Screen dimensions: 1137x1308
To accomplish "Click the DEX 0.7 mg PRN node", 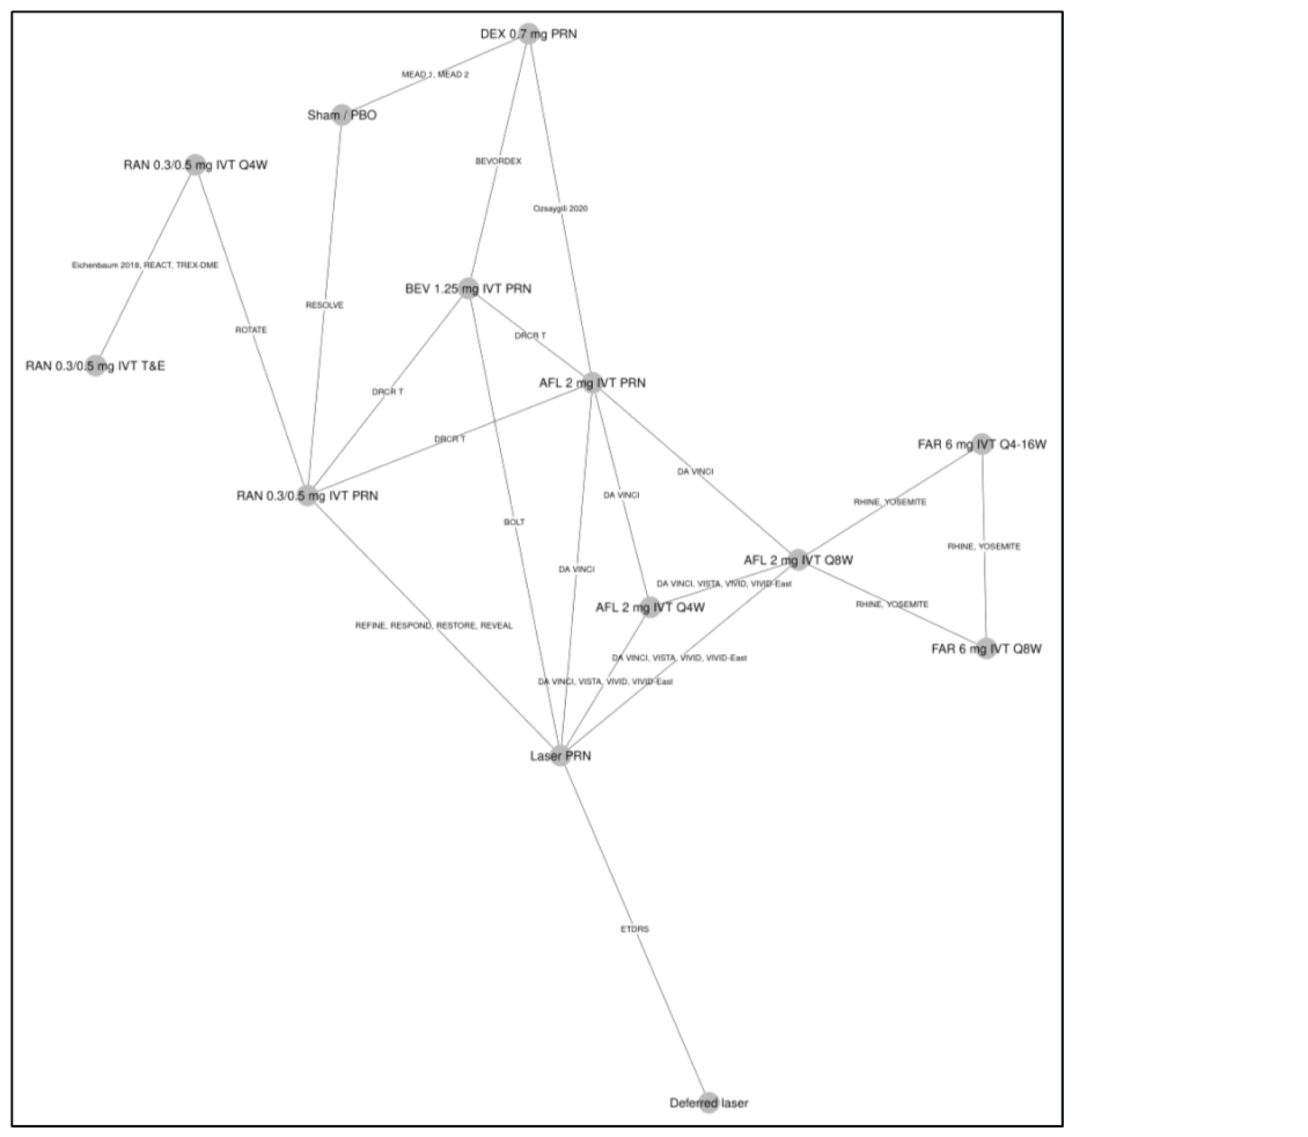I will (529, 34).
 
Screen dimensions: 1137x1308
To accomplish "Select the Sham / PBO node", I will (342, 115).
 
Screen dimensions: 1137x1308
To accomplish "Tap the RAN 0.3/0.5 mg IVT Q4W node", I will (195, 164).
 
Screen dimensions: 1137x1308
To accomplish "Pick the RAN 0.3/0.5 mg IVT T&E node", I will (95, 366).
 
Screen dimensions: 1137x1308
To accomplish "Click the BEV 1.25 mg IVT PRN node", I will (468, 288).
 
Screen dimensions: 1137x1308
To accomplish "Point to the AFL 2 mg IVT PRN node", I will (592, 382).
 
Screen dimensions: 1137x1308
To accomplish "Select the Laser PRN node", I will (561, 755).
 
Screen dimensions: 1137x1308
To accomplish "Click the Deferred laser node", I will (709, 1102).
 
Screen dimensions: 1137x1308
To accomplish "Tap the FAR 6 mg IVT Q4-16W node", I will (982, 443).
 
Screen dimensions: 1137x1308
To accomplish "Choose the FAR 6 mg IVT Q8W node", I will (986, 648).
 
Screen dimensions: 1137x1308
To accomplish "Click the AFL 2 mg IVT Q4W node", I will (651, 607).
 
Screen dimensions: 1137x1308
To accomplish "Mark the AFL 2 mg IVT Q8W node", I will (798, 559).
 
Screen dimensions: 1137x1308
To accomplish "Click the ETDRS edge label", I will (635, 928).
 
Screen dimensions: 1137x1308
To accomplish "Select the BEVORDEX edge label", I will (498, 161).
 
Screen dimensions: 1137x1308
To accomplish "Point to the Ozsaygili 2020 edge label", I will (560, 208).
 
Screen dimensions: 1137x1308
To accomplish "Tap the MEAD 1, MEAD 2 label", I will (435, 74).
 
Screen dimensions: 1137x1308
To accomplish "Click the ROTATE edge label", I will (251, 329).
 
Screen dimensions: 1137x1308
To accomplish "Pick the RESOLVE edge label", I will (325, 305).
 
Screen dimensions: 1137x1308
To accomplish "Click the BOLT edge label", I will (514, 521).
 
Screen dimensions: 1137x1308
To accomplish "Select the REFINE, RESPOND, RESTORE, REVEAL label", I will (434, 625).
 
